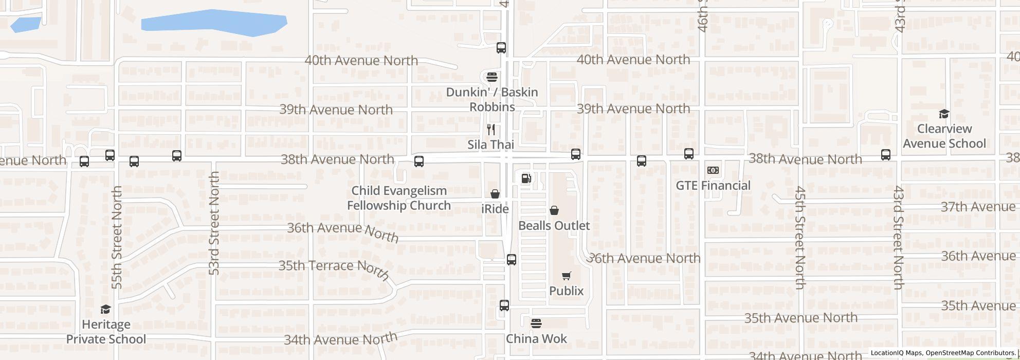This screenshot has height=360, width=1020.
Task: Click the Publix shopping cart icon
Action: click(x=566, y=276)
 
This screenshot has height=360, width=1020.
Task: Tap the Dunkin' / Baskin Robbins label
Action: click(x=492, y=99)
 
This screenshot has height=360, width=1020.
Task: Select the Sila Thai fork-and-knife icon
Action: click(x=491, y=130)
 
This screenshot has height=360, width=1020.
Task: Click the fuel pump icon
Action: click(x=526, y=178)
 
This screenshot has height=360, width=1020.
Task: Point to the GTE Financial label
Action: click(x=713, y=185)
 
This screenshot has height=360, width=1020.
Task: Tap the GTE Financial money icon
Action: click(x=713, y=170)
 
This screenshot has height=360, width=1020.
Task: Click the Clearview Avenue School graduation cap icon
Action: click(x=944, y=114)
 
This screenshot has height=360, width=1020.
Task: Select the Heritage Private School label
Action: click(x=106, y=332)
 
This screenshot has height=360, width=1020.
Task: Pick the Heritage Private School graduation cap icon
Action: click(x=105, y=309)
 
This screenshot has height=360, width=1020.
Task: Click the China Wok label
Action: click(x=536, y=338)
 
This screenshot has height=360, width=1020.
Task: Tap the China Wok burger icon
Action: click(x=536, y=323)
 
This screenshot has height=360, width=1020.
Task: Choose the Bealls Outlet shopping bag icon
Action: click(x=554, y=210)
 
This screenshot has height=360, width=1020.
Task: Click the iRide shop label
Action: click(x=495, y=209)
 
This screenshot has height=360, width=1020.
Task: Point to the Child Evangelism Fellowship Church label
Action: click(x=399, y=198)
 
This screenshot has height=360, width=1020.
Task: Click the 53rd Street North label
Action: click(x=214, y=223)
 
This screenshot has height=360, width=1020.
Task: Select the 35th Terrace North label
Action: click(x=334, y=268)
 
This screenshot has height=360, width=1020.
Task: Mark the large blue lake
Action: click(x=214, y=23)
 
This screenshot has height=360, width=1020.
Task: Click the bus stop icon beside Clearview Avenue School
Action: click(x=885, y=154)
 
